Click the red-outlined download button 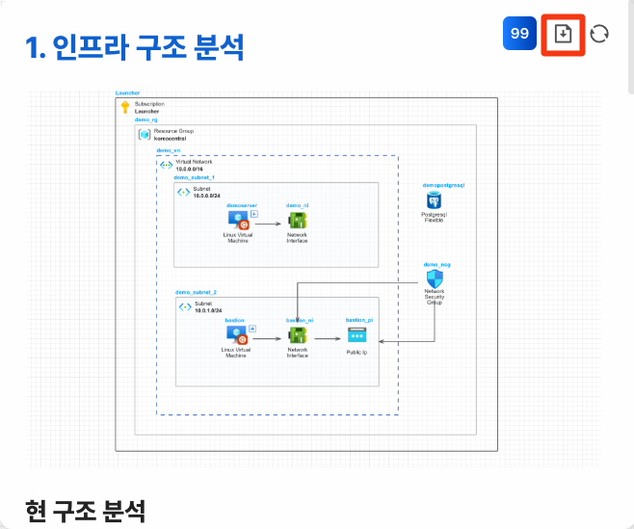(564, 34)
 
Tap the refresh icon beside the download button (599, 34)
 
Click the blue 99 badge (519, 34)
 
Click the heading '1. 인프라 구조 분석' (134, 46)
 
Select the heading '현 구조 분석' (86, 511)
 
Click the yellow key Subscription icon (125, 107)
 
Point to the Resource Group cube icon (145, 135)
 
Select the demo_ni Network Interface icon (298, 221)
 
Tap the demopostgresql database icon (435, 199)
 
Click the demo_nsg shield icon (435, 278)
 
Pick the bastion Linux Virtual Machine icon (236, 335)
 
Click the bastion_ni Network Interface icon (297, 335)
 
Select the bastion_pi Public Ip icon (357, 335)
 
